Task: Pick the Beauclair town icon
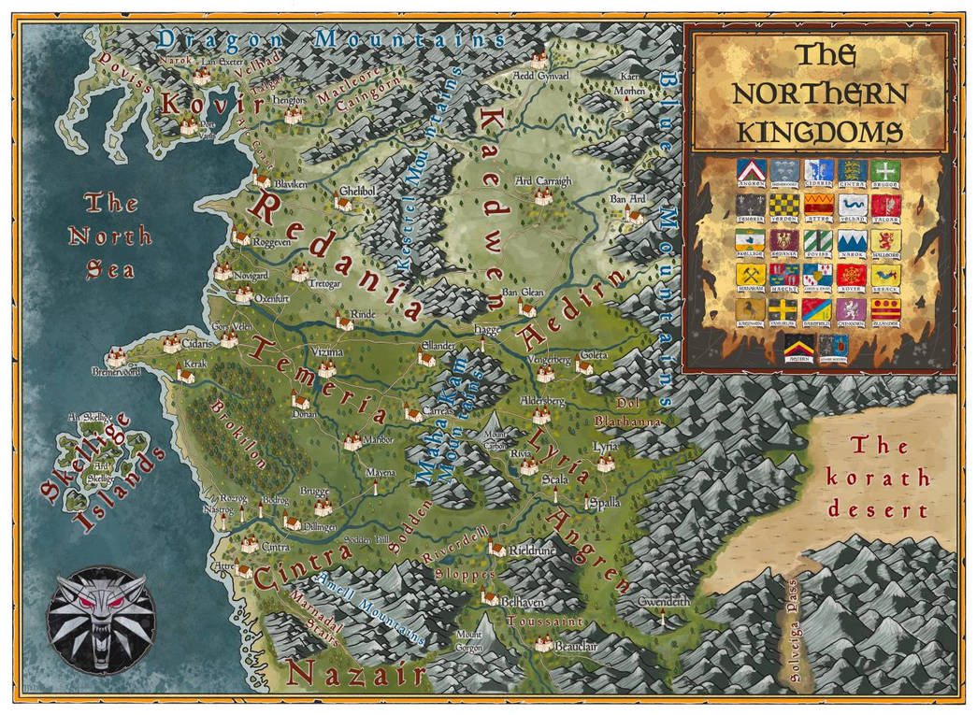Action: point(542,642)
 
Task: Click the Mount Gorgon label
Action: point(469,639)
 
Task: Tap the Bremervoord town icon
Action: point(117,357)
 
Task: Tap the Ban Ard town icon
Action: point(635,216)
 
